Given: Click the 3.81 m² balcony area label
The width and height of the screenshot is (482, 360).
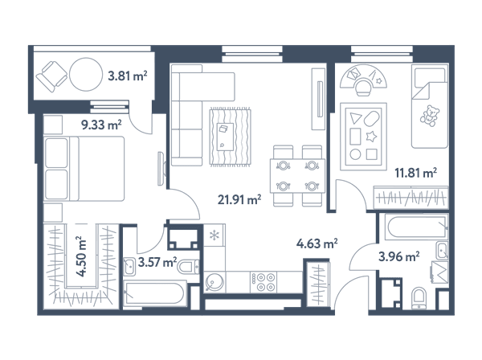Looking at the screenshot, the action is [128, 76].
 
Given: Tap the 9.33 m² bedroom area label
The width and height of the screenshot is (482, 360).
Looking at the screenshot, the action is [101, 125].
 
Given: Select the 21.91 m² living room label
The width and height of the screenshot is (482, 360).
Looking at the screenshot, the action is [239, 200].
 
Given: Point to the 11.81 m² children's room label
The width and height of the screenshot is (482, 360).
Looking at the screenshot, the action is [416, 173].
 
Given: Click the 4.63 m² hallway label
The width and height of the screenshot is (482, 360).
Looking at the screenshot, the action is [317, 243].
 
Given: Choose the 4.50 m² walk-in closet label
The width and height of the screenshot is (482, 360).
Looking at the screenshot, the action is [81, 256].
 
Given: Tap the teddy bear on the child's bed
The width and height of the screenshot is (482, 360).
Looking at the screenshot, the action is [430, 116].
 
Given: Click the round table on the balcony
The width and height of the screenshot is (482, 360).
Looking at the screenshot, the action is [86, 75].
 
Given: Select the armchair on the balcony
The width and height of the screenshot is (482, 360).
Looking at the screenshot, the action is [51, 76].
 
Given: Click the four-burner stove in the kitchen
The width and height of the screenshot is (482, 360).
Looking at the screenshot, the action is [263, 282].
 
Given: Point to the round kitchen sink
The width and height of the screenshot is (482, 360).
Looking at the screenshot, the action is [214, 282].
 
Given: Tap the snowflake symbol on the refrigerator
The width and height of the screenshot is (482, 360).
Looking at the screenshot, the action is [214, 235].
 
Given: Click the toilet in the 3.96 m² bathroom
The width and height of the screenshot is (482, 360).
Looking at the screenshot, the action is [419, 298].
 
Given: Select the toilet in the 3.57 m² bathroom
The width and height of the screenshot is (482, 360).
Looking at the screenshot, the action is [188, 267].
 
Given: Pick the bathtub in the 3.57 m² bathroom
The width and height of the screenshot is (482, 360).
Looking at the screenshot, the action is [154, 294].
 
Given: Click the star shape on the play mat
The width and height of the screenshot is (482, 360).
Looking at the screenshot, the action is [371, 136].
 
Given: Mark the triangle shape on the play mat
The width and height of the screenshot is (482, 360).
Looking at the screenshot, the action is [356, 118].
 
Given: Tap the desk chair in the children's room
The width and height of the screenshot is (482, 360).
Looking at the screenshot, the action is [363, 86].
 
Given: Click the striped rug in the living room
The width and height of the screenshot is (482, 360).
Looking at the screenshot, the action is [231, 137].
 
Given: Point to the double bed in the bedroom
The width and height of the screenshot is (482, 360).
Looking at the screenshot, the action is [84, 169].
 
